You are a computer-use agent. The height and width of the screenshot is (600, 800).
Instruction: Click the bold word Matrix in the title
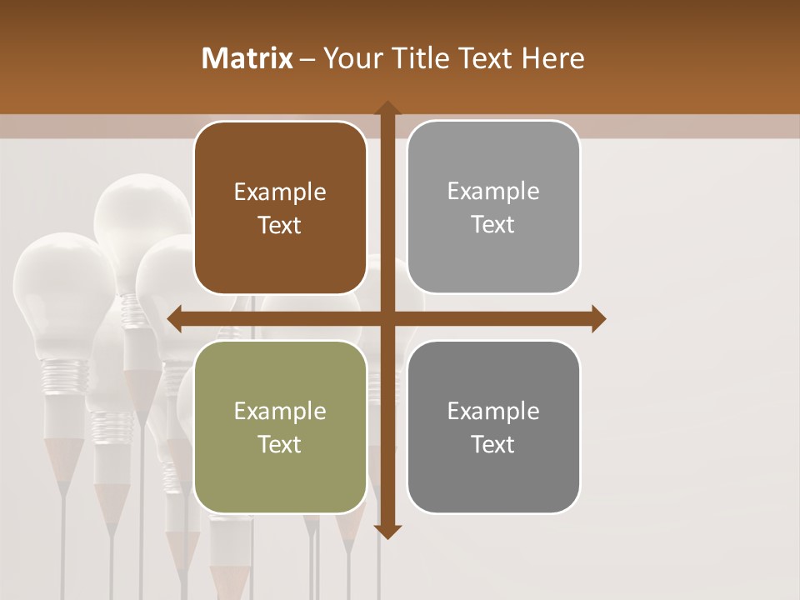point(247,58)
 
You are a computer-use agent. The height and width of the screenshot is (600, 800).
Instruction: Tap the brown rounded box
point(280,207)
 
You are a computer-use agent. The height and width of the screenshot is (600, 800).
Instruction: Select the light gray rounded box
point(493,207)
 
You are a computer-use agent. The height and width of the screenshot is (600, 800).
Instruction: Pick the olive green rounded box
point(280,427)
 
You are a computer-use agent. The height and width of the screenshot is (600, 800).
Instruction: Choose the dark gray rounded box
point(493,427)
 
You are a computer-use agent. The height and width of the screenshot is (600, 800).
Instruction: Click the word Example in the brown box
point(280,192)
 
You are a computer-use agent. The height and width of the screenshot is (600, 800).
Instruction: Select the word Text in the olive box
point(280,444)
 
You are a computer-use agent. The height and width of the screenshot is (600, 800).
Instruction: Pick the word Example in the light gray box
point(493,192)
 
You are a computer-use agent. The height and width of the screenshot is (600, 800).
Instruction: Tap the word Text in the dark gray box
point(493,444)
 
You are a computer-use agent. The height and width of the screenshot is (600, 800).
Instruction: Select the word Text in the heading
point(487,58)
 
